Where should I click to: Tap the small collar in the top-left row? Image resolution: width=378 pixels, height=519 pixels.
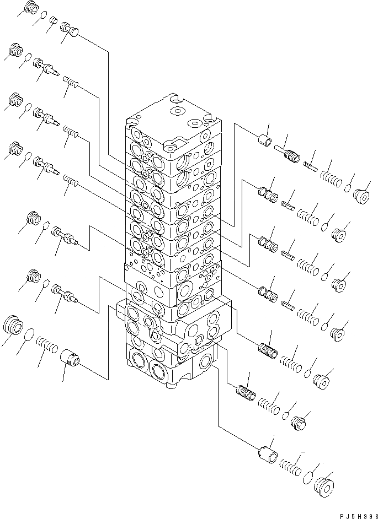(x=54, y=21)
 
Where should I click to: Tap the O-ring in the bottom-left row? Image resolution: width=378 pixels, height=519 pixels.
(x=31, y=334)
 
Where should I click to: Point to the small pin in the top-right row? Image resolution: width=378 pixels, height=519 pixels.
(x=310, y=164)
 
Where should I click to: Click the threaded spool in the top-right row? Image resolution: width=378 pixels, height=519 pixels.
(x=288, y=154)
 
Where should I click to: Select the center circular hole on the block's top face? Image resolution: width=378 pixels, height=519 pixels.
(x=178, y=111)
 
